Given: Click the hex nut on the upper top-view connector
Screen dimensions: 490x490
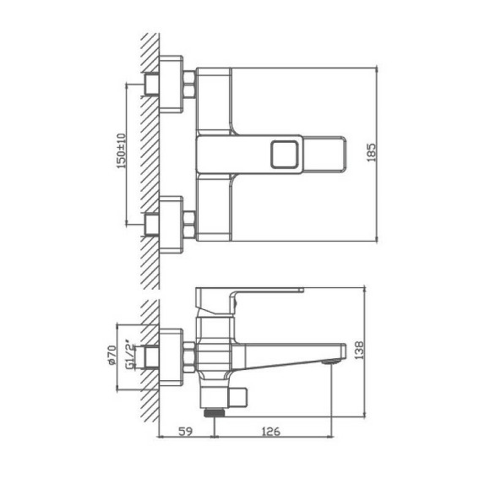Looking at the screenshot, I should pyautogui.click(x=189, y=85).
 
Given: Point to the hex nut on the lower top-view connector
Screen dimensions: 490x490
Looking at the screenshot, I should pyautogui.click(x=189, y=225).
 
